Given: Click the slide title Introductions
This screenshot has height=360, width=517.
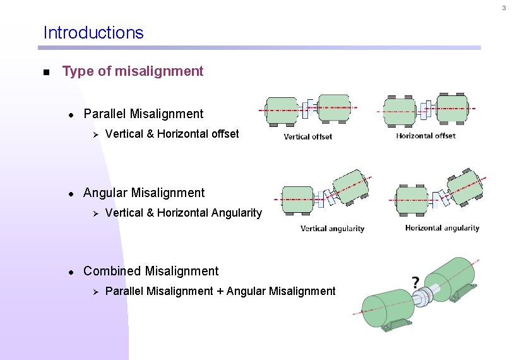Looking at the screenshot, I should tap(93, 33).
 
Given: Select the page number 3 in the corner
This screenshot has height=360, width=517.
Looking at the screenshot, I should tap(504, 8).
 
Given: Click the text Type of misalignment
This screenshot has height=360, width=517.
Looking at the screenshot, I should tap(133, 71).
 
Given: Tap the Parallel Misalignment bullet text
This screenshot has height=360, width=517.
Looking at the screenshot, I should tap(143, 114).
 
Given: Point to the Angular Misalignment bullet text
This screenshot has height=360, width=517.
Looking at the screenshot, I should tap(144, 193).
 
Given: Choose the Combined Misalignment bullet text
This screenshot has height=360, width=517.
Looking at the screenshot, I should tap(151, 271).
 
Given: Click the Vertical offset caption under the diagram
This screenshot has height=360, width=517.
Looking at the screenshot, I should tap(307, 136).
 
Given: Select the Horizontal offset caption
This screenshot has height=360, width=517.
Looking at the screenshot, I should tap(425, 136).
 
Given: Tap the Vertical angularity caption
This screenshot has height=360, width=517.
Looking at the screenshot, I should tap(332, 229).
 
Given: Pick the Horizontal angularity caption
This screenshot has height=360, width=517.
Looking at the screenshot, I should tap(442, 228).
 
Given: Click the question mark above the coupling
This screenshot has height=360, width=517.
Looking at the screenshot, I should tap(416, 281).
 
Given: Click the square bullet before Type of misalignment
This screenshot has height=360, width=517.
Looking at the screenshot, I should tap(45, 72).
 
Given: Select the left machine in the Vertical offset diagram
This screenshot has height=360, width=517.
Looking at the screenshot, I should tap(282, 111).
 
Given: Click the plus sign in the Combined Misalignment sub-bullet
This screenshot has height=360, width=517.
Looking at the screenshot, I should tap(220, 291).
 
